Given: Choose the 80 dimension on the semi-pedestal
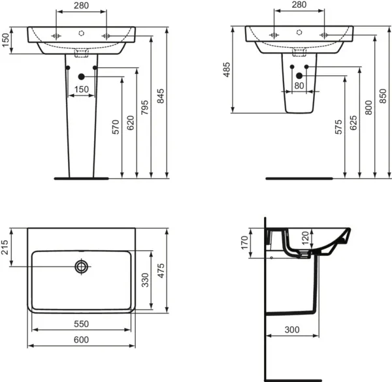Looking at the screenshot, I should [x=299, y=86].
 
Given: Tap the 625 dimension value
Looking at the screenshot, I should [x=353, y=121].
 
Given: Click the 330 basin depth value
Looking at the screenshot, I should [x=146, y=281].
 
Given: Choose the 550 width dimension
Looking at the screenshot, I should [x=81, y=325].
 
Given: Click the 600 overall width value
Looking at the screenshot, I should [x=81, y=340].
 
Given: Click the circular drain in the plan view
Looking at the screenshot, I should [x=82, y=266].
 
